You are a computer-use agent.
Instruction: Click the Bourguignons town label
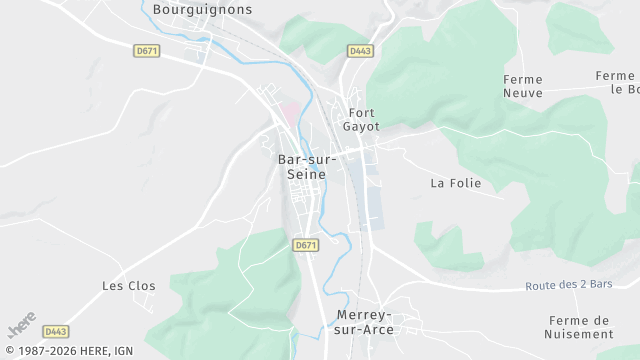coord(203,9)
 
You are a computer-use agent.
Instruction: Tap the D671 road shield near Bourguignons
coord(146,50)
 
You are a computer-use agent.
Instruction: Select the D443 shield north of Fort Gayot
coord(360,50)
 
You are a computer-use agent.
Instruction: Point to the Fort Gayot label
coord(361,120)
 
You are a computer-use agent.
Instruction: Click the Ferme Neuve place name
coord(524,86)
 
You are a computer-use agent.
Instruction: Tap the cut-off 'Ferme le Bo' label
coord(617,82)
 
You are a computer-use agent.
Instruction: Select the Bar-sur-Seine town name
coord(307,166)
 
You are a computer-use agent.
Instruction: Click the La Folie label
coord(456,183)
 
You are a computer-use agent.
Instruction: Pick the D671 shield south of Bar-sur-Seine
coord(306,245)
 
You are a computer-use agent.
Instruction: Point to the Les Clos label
coord(129,285)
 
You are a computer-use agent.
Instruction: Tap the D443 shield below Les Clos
coord(57,331)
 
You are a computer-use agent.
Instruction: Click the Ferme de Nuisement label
coord(580,327)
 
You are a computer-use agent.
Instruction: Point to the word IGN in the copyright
coord(123,351)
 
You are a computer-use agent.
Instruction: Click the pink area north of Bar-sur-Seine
coord(290,114)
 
